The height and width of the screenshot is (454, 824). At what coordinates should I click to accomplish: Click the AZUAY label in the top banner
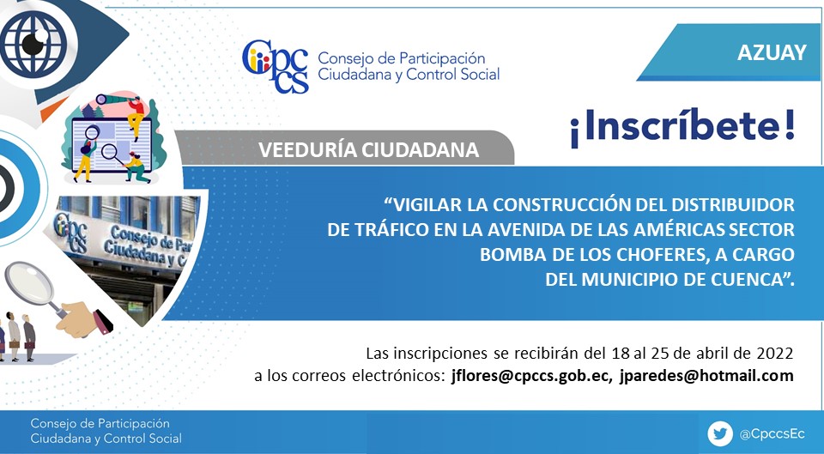click(772, 52)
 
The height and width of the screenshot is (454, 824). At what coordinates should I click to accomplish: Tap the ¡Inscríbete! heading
click(682, 127)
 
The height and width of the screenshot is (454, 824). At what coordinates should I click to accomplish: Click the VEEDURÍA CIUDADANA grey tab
click(368, 149)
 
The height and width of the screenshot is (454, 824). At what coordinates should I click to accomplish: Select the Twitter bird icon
click(720, 434)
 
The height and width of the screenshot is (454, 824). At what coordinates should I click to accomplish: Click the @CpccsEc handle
click(772, 434)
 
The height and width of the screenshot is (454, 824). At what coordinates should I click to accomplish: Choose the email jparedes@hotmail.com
click(706, 376)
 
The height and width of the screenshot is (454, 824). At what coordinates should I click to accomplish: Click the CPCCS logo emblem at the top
click(276, 66)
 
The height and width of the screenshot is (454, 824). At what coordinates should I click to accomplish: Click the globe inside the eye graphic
click(33, 44)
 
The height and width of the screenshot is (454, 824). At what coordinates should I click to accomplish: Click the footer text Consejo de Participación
click(100, 423)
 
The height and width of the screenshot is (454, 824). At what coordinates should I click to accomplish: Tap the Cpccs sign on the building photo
click(70, 231)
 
